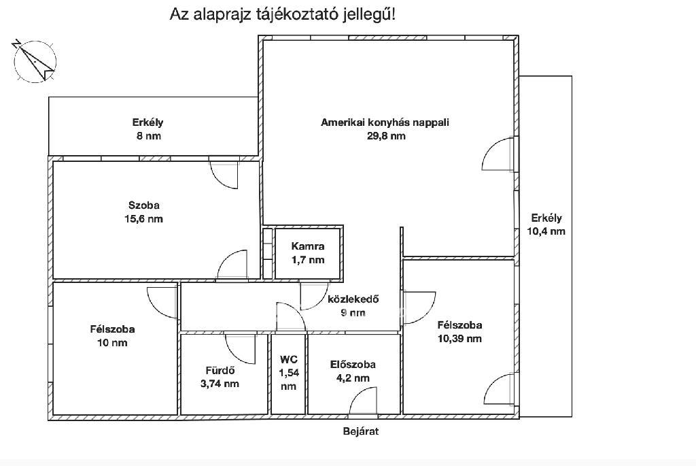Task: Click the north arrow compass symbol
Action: (x=34, y=61)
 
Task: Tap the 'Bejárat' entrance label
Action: (x=361, y=431)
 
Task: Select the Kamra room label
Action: (x=308, y=246)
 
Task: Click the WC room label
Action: (x=288, y=359)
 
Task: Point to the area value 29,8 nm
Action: (x=386, y=136)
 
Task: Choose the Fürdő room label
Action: (x=220, y=370)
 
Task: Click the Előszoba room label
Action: (x=353, y=364)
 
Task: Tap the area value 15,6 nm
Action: (x=144, y=218)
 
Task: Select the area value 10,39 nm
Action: (x=459, y=339)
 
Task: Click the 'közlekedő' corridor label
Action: (x=353, y=299)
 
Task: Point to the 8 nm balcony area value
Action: (x=148, y=136)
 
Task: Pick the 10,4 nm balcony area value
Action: (x=546, y=231)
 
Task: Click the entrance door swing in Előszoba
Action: (x=363, y=401)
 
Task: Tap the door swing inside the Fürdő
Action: (x=240, y=349)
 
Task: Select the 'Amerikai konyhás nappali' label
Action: (x=385, y=122)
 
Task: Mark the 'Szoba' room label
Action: (x=144, y=205)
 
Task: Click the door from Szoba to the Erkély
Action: (x=224, y=173)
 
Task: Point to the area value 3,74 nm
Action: (x=220, y=384)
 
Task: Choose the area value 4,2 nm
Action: (x=353, y=378)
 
